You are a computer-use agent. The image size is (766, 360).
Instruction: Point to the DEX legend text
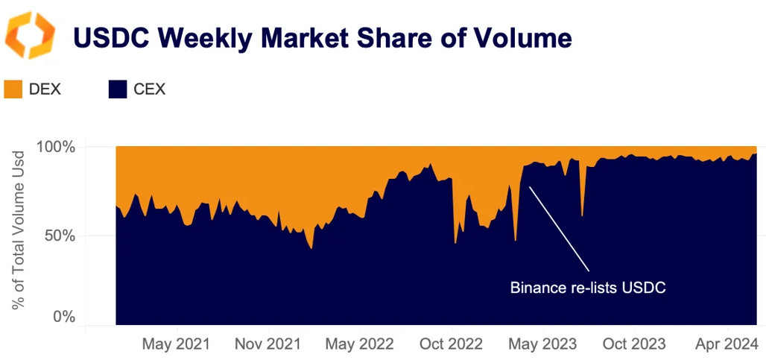[x=45, y=90]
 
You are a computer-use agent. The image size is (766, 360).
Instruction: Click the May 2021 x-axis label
[x=176, y=344]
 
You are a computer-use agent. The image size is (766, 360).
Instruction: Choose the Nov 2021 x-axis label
[x=268, y=344]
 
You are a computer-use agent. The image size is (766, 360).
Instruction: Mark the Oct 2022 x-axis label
[x=452, y=344]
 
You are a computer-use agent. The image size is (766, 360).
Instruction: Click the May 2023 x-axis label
[x=542, y=344]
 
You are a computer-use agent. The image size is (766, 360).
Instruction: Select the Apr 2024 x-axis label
[x=726, y=344]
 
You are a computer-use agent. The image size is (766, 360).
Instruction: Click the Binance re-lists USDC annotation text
[x=587, y=287]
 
